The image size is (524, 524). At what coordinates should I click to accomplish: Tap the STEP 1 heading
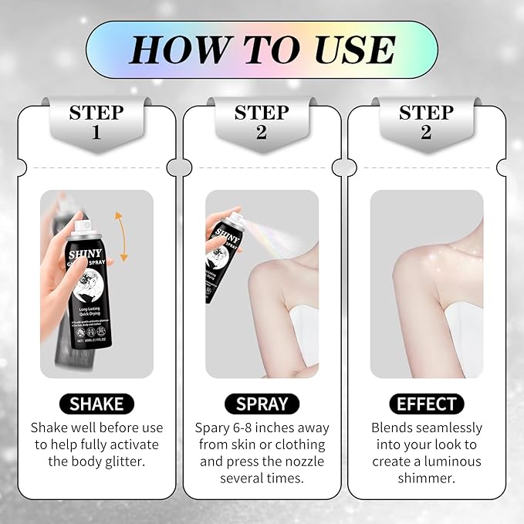(x=96, y=122)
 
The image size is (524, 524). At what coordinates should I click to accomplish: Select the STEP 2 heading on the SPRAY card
(x=262, y=122)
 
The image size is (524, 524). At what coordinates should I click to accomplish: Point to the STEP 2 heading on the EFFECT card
(x=426, y=122)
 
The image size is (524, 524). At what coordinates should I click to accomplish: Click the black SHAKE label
(x=96, y=404)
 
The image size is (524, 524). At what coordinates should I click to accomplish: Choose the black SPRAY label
(x=262, y=404)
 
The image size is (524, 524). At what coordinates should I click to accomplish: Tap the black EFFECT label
(x=426, y=404)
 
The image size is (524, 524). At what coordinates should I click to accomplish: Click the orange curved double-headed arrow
(x=120, y=235)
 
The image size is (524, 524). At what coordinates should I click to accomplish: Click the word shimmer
(x=426, y=478)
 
